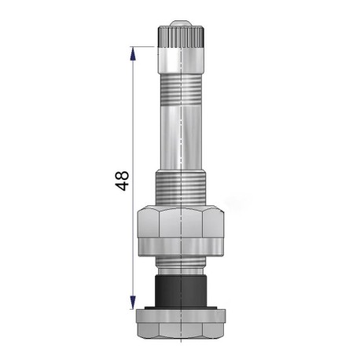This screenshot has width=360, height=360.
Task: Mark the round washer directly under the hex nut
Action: tap(182, 248)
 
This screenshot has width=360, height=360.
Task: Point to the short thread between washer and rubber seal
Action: tap(182, 263)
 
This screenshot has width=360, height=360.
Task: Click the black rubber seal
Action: tap(182, 288)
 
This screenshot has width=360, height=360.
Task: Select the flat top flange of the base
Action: tap(182, 314)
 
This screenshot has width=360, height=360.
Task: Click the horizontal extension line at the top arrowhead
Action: tap(145, 46)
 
